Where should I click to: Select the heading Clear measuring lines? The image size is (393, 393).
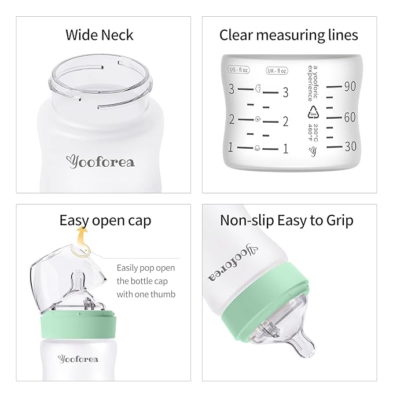click(x=288, y=35)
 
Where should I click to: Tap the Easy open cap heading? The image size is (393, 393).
click(x=105, y=221)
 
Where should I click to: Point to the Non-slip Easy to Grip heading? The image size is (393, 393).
click(x=287, y=221)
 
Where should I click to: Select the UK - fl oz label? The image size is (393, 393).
click(x=276, y=71)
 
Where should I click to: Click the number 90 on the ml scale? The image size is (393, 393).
click(x=349, y=87)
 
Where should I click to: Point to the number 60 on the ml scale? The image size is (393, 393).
click(x=349, y=117)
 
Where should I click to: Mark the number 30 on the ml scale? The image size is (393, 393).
click(x=349, y=147)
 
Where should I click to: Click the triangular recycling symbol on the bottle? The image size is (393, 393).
click(x=313, y=111)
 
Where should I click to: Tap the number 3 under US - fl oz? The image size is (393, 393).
click(x=231, y=90)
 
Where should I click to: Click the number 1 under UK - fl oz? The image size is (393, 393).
click(x=285, y=149)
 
